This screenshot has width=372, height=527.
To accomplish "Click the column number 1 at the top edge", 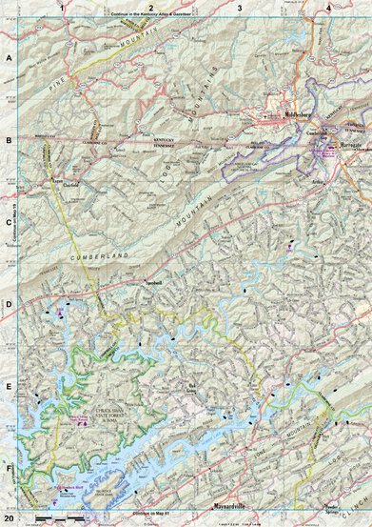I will coord(63,8).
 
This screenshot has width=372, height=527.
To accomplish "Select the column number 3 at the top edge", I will coord(240,8).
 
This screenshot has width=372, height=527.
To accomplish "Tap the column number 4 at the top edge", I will coord(328,8).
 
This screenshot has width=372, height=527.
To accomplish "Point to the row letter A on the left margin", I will coord(9,57).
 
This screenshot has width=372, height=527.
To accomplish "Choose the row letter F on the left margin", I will coord(9,470).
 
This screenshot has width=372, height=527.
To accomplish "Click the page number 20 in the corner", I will coord(10,518).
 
